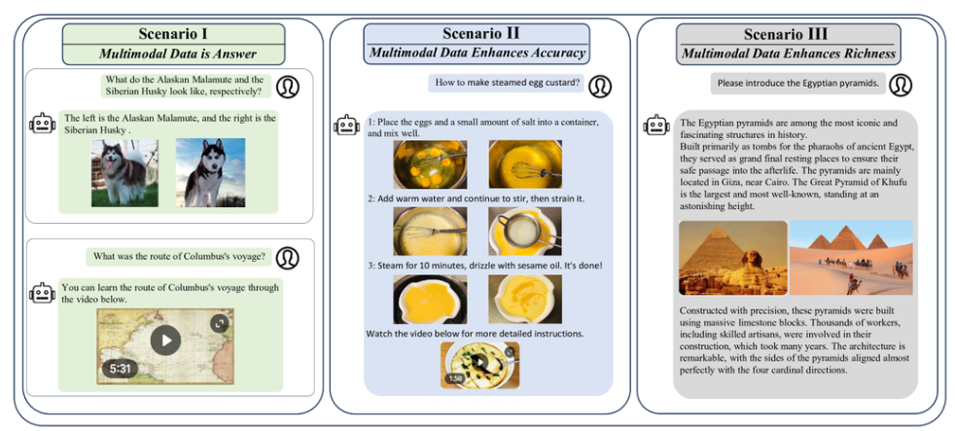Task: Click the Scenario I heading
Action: (x=172, y=34)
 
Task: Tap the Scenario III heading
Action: (x=787, y=34)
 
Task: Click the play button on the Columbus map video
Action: (x=165, y=340)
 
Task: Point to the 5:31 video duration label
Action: (x=121, y=369)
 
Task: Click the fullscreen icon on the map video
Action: (x=219, y=322)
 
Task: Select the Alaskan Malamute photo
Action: (x=125, y=172)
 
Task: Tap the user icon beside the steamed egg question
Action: (x=600, y=86)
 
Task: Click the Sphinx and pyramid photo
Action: (x=732, y=258)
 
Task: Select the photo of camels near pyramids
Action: (x=851, y=258)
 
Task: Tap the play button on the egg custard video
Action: (x=479, y=363)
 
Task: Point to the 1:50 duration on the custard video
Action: (x=455, y=378)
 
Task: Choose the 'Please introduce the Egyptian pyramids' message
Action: (x=797, y=84)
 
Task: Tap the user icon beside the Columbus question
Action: (x=288, y=258)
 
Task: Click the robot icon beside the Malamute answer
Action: (x=42, y=124)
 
